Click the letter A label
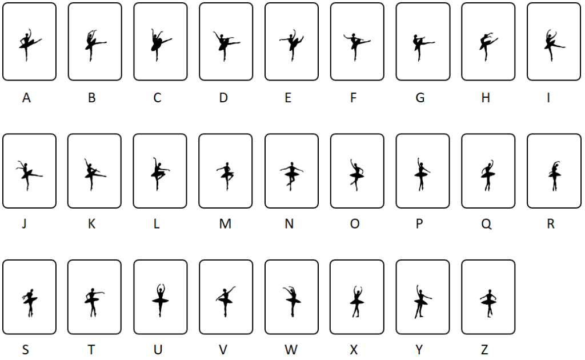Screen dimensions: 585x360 (x=26, y=98)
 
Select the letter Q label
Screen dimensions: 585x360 (x=486, y=224)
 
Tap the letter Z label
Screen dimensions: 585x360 (x=484, y=350)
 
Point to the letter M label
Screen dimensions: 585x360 (x=225, y=224)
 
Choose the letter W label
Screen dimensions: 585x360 (x=291, y=350)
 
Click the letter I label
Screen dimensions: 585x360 (x=548, y=98)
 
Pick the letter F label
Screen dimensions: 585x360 (x=353, y=98)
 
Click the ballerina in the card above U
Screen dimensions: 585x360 (x=161, y=301)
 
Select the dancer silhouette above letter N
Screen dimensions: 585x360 (x=291, y=176)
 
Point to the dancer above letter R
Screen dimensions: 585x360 (x=554, y=175)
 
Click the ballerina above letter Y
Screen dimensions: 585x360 (x=422, y=302)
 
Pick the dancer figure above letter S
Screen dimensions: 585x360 (x=30, y=302)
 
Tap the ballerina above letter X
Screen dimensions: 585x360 (x=357, y=302)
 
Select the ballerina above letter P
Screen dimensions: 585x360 (x=422, y=174)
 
